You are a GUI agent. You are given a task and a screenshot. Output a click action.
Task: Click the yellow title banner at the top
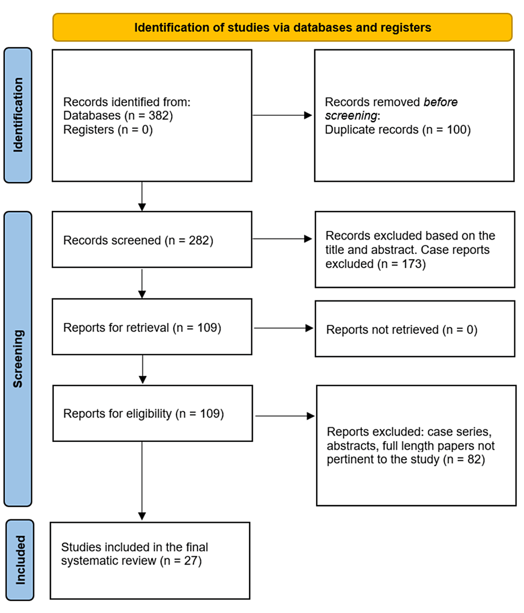[x=282, y=28]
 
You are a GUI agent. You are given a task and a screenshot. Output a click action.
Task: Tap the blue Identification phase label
[x=18, y=115]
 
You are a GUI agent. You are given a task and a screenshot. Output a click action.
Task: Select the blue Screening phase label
[x=18, y=359]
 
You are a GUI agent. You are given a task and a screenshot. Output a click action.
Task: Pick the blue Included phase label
[x=20, y=560]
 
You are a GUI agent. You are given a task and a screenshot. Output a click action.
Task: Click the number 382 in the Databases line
[x=159, y=116]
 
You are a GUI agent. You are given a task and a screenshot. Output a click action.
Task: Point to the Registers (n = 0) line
[x=108, y=130]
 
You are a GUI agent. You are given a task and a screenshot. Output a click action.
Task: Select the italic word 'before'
[x=441, y=102]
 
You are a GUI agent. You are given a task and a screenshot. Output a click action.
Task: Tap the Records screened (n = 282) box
[x=152, y=240]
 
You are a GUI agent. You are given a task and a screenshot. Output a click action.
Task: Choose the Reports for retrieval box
[x=152, y=327]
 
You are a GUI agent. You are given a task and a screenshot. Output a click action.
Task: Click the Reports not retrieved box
[x=415, y=329]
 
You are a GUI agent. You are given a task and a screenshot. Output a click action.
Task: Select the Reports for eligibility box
[x=153, y=414]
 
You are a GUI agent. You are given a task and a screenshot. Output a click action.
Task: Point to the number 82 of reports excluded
[x=475, y=459]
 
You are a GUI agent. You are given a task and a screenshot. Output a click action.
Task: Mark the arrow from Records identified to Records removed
[x=282, y=115]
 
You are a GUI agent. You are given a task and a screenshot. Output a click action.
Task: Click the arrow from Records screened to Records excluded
[x=282, y=239]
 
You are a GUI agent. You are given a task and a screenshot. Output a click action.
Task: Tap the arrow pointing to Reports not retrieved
[x=283, y=328]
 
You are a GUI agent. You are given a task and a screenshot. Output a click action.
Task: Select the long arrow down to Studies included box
[x=142, y=481]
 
